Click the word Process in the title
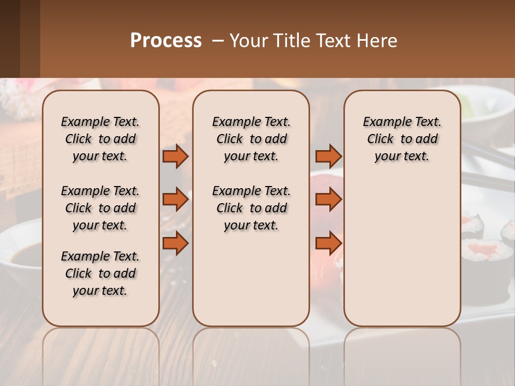click(x=166, y=41)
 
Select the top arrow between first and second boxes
click(x=175, y=157)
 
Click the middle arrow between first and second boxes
click(x=175, y=199)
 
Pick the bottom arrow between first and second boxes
click(x=175, y=243)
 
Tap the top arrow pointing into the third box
click(x=328, y=157)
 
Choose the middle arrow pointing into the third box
click(x=328, y=199)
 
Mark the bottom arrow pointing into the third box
click(x=328, y=243)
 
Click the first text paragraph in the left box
click(x=100, y=139)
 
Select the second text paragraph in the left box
click(x=100, y=208)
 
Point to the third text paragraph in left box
click(x=100, y=273)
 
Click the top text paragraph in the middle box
click(x=251, y=139)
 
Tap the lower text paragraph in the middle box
click(x=251, y=208)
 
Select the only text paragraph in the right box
click(x=402, y=139)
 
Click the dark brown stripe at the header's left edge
click(x=10, y=39)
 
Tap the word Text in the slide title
click(x=329, y=41)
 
